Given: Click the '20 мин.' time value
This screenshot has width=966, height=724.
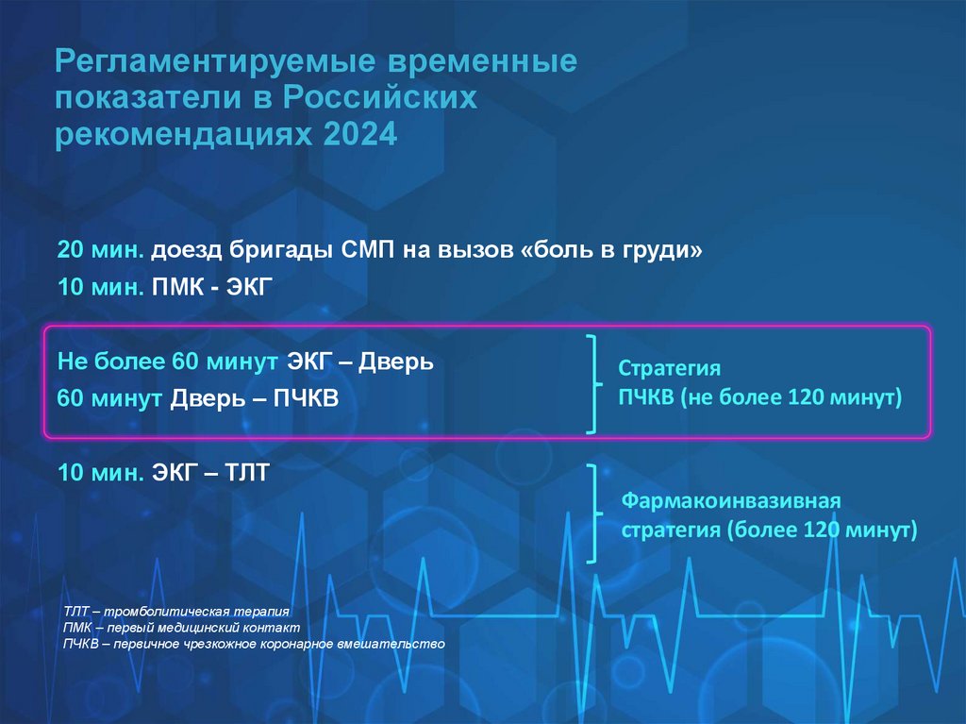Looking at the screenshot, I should pyautogui.click(x=101, y=251).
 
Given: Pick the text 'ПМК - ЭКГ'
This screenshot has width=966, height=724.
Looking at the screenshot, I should pyautogui.click(x=210, y=287).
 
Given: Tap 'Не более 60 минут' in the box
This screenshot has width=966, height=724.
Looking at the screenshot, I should pyautogui.click(x=167, y=362).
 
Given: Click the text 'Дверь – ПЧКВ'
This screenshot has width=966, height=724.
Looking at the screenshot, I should pyautogui.click(x=253, y=398).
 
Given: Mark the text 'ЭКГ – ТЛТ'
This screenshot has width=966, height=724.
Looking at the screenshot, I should pyautogui.click(x=210, y=472).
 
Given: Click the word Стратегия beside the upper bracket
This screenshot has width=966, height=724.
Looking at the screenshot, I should pyautogui.click(x=670, y=368).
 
